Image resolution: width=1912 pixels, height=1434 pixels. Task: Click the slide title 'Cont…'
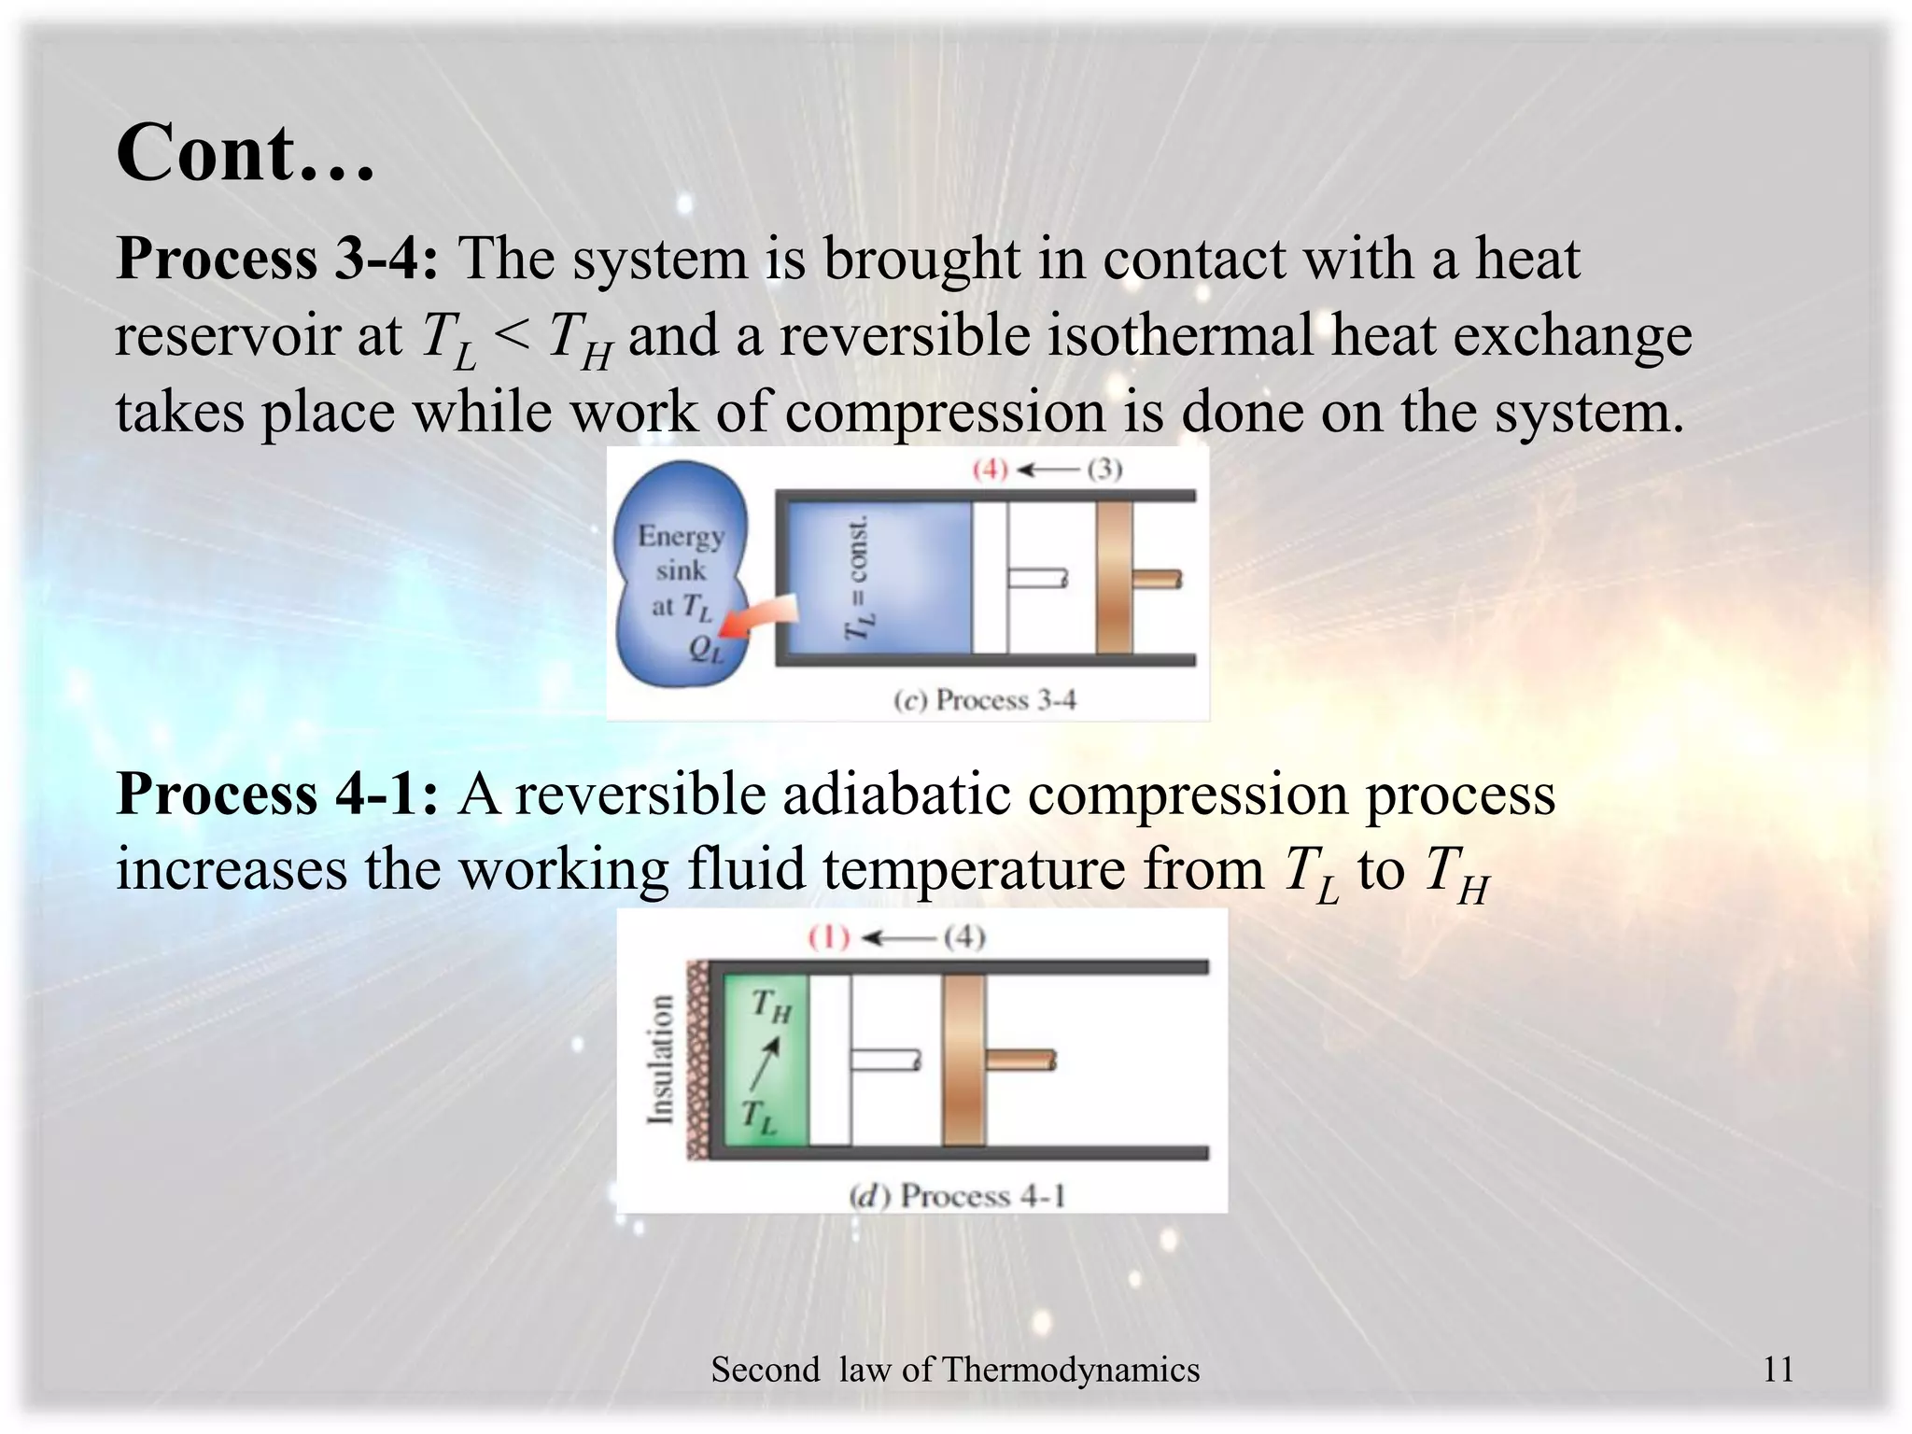[245, 152]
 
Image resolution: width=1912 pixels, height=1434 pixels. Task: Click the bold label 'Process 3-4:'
[276, 259]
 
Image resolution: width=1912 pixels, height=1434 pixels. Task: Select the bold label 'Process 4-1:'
[276, 794]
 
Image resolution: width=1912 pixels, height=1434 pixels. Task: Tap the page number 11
[1778, 1370]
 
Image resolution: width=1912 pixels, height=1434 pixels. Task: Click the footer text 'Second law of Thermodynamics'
[955, 1370]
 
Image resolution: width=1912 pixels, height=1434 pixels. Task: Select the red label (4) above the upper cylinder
[990, 469]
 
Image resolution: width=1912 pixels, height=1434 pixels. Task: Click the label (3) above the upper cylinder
[1104, 469]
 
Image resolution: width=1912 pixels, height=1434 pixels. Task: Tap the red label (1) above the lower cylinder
[829, 937]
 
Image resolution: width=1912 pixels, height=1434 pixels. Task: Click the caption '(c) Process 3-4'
[985, 700]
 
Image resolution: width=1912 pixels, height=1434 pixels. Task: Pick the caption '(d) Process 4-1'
[957, 1196]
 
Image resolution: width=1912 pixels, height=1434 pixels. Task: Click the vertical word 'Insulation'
[661, 1060]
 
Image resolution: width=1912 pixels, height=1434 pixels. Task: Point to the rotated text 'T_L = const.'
[857, 579]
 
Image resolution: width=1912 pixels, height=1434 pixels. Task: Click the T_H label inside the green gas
[771, 1006]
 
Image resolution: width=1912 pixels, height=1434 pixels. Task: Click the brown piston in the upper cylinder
[1114, 578]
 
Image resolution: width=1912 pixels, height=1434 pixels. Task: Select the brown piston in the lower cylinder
[963, 1060]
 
